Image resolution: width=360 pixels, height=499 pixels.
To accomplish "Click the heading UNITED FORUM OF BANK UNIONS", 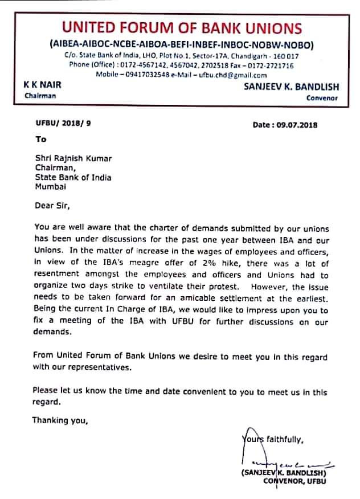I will (182, 28).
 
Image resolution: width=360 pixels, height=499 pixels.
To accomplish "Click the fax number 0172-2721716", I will (272, 66).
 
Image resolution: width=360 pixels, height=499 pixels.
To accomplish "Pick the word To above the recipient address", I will (40, 139).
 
